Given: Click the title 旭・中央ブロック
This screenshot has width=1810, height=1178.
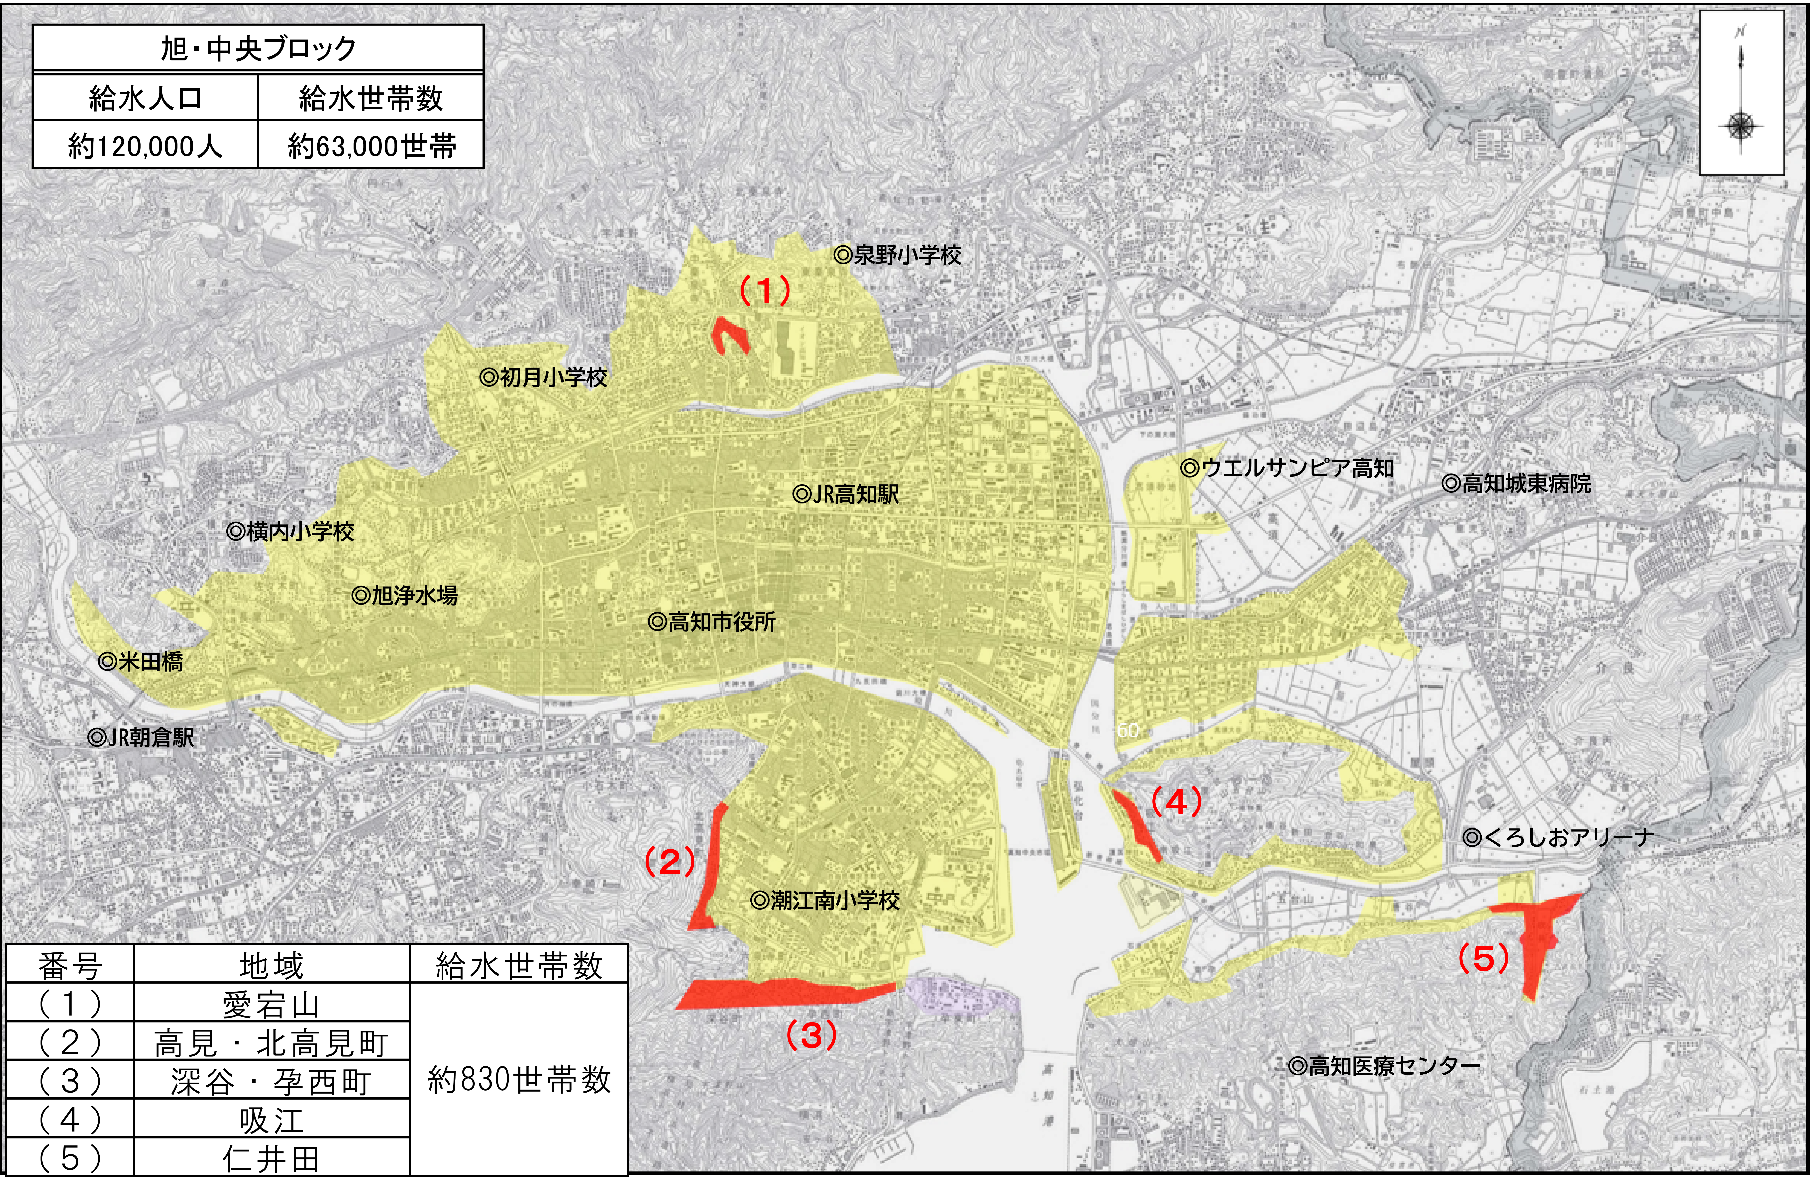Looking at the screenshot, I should tap(258, 49).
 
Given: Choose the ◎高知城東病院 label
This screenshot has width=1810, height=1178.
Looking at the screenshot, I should tap(1516, 484).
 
